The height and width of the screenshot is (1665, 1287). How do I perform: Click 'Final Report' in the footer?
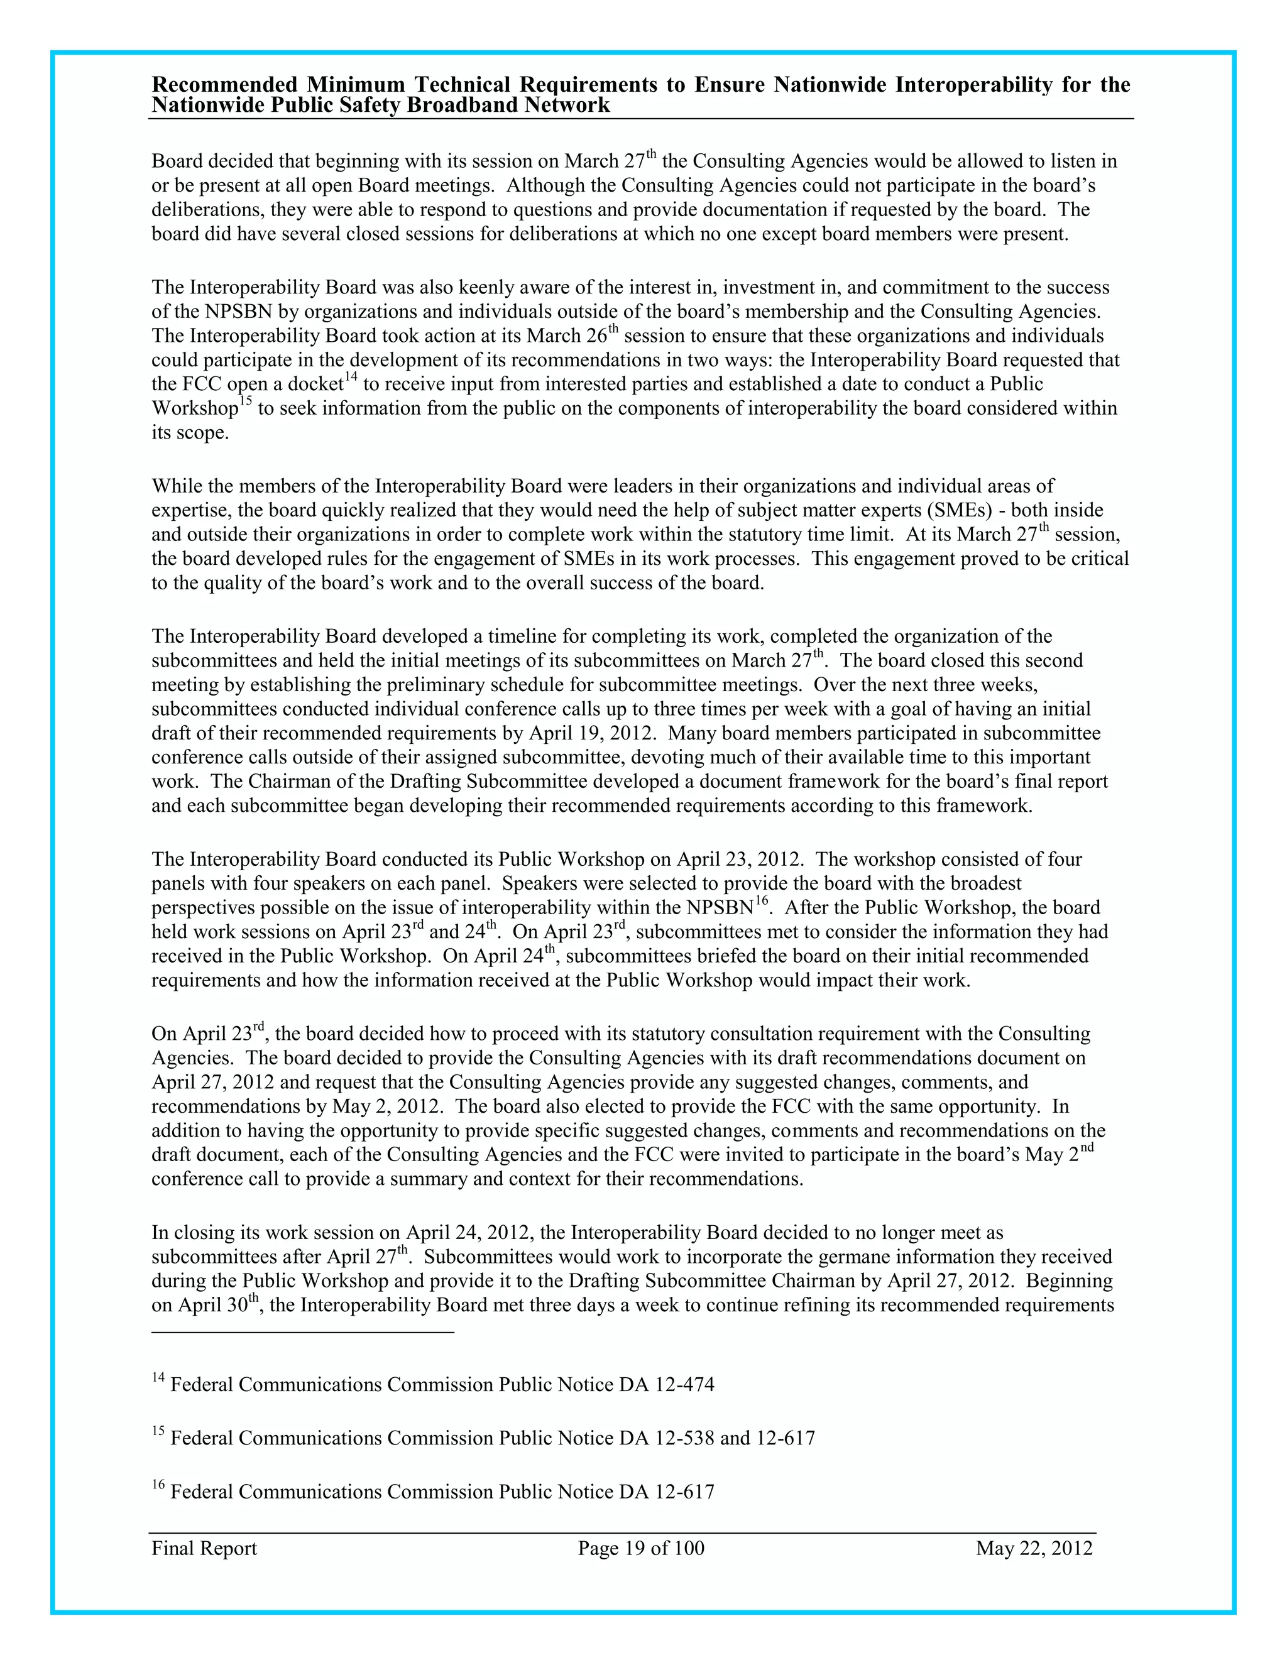(x=204, y=1548)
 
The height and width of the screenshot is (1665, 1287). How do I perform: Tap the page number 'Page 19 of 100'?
(x=641, y=1548)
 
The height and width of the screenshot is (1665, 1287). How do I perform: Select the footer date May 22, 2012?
(x=1034, y=1548)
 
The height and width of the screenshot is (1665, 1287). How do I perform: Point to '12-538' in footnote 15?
(x=685, y=1438)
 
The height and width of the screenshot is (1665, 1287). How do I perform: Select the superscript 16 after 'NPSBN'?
(x=760, y=900)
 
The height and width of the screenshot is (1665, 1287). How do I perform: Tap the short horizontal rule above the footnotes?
(x=303, y=1332)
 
